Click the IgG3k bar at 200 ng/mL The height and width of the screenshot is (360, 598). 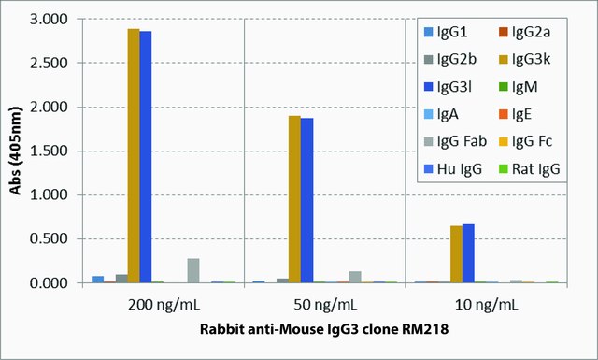coord(134,156)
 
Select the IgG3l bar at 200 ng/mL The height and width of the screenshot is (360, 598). coord(146,157)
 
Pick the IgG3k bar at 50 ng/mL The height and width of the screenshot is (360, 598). coord(294,199)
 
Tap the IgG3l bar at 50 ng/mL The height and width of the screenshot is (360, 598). coord(306,200)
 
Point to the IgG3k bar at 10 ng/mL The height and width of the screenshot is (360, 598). coord(457,254)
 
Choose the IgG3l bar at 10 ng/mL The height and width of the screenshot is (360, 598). coord(468,253)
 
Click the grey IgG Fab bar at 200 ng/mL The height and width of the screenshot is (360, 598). coord(193,270)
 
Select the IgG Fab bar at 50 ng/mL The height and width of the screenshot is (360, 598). coord(355,277)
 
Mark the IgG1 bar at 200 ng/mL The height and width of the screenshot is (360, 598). coord(97,280)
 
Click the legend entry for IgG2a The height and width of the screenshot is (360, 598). coord(525,32)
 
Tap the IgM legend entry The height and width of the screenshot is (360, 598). coord(519,87)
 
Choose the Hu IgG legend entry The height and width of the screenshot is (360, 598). coord(453,168)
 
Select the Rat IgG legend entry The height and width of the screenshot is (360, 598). coord(530,168)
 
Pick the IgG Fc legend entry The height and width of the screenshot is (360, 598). coord(526,141)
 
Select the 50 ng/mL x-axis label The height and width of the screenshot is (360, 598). coord(325,305)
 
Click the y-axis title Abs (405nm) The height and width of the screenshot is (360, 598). coord(16,151)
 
